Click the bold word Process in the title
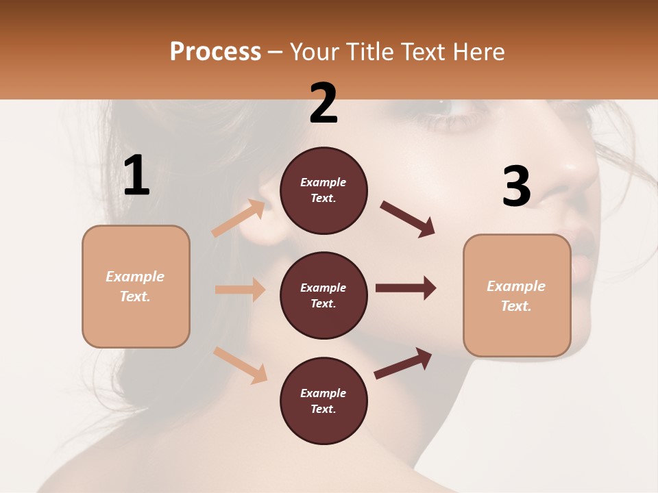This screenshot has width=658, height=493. click(x=215, y=52)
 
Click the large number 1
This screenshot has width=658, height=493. click(x=136, y=176)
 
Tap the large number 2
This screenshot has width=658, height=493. click(x=324, y=103)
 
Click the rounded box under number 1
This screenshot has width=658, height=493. click(x=136, y=286)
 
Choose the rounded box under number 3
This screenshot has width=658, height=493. click(x=517, y=296)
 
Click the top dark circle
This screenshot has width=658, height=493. click(x=324, y=190)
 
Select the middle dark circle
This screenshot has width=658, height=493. click(x=324, y=295)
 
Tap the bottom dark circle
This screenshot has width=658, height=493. click(x=324, y=401)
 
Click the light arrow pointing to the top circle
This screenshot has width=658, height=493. click(x=239, y=218)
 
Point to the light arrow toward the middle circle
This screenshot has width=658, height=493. click(x=240, y=290)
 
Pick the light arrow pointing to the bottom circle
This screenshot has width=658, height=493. click(x=241, y=365)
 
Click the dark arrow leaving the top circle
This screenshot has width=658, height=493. click(x=409, y=219)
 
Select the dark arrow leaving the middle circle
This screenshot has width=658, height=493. click(x=406, y=288)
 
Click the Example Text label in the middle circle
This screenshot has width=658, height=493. click(x=324, y=295)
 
